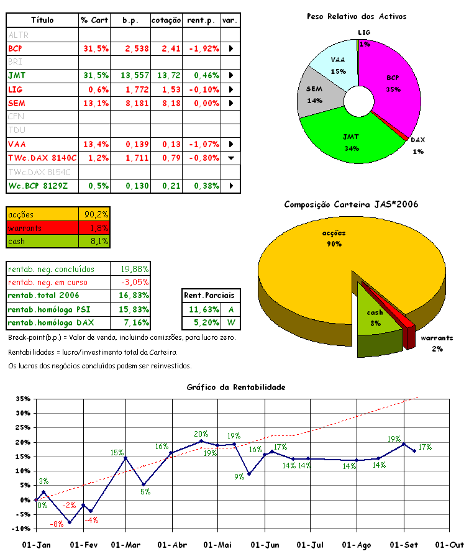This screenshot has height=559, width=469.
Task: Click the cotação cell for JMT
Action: [x=167, y=75]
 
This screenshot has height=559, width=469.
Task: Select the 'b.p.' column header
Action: [x=130, y=20]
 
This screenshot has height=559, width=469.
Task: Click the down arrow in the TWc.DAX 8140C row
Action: [x=231, y=158]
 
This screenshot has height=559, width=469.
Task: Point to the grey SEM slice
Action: [x=315, y=93]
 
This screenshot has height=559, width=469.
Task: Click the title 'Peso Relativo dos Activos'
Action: [x=357, y=17]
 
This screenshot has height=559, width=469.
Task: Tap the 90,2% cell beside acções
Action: [x=95, y=214]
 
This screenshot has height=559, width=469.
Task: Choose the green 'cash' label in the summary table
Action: [x=17, y=242]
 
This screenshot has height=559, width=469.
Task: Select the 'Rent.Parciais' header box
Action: [x=212, y=295]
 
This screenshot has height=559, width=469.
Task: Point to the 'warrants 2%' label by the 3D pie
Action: [x=437, y=343]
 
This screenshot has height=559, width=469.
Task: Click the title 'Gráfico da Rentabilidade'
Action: [x=236, y=387]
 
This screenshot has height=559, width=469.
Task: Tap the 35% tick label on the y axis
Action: [x=23, y=399]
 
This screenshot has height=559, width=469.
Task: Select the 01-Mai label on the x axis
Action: [x=217, y=545]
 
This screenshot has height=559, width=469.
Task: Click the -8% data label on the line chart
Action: [x=57, y=524]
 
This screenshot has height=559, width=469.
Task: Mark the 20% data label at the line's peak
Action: [x=201, y=434]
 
